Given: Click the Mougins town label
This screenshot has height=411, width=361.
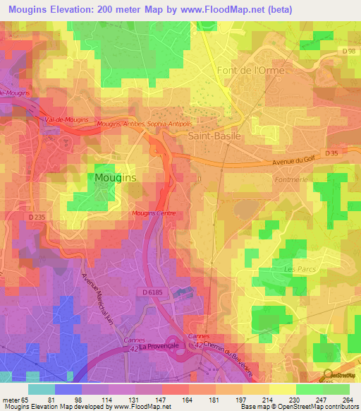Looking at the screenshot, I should coord(116,179).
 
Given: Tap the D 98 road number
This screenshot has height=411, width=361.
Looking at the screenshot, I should coord(347,50).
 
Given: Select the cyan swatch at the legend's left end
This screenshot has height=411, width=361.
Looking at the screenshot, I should coord(41,389).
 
